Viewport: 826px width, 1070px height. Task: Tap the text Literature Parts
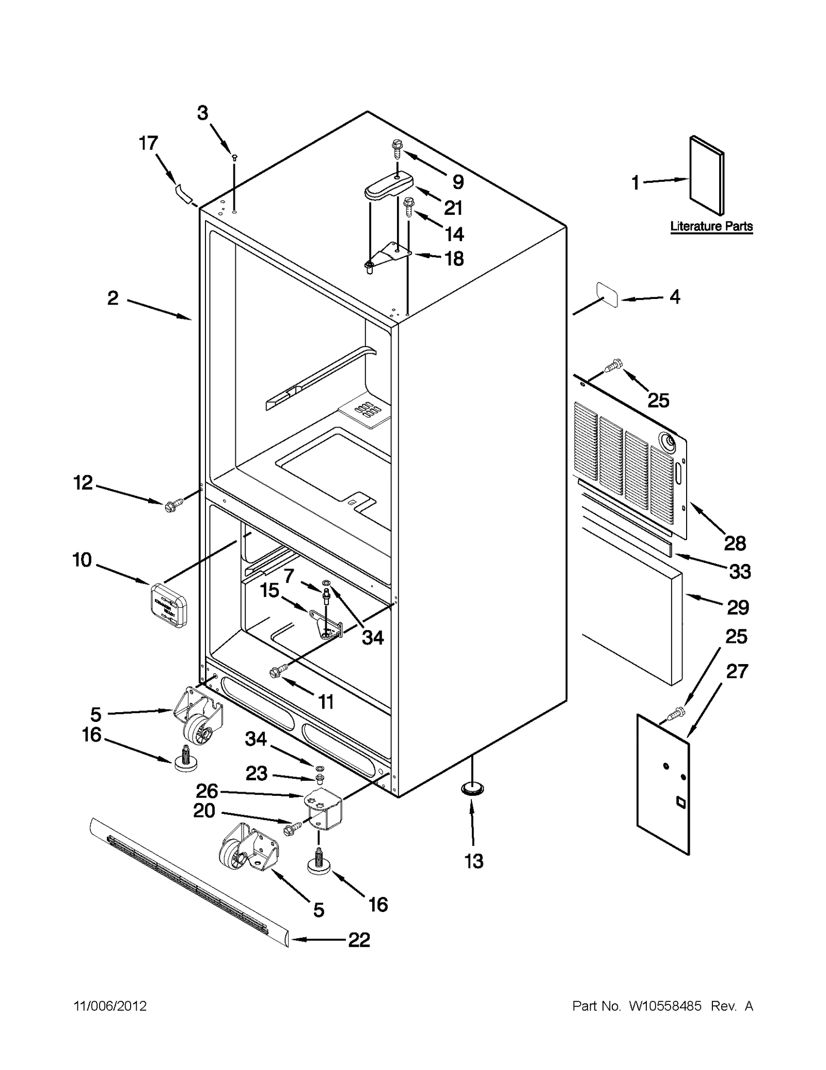pos(711,226)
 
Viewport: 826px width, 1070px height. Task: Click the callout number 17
pos(148,143)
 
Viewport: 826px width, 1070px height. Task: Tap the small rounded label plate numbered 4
pos(608,294)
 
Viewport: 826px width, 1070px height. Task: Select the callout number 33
pos(739,572)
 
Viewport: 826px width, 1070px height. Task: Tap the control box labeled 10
pos(169,605)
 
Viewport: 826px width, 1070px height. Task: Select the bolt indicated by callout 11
pos(275,671)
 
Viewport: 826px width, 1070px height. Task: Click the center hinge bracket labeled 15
pos(325,625)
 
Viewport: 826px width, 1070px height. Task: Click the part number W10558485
pos(665,1006)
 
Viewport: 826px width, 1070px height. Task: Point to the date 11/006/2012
pos(110,1006)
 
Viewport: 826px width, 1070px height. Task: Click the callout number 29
pos(737,607)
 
